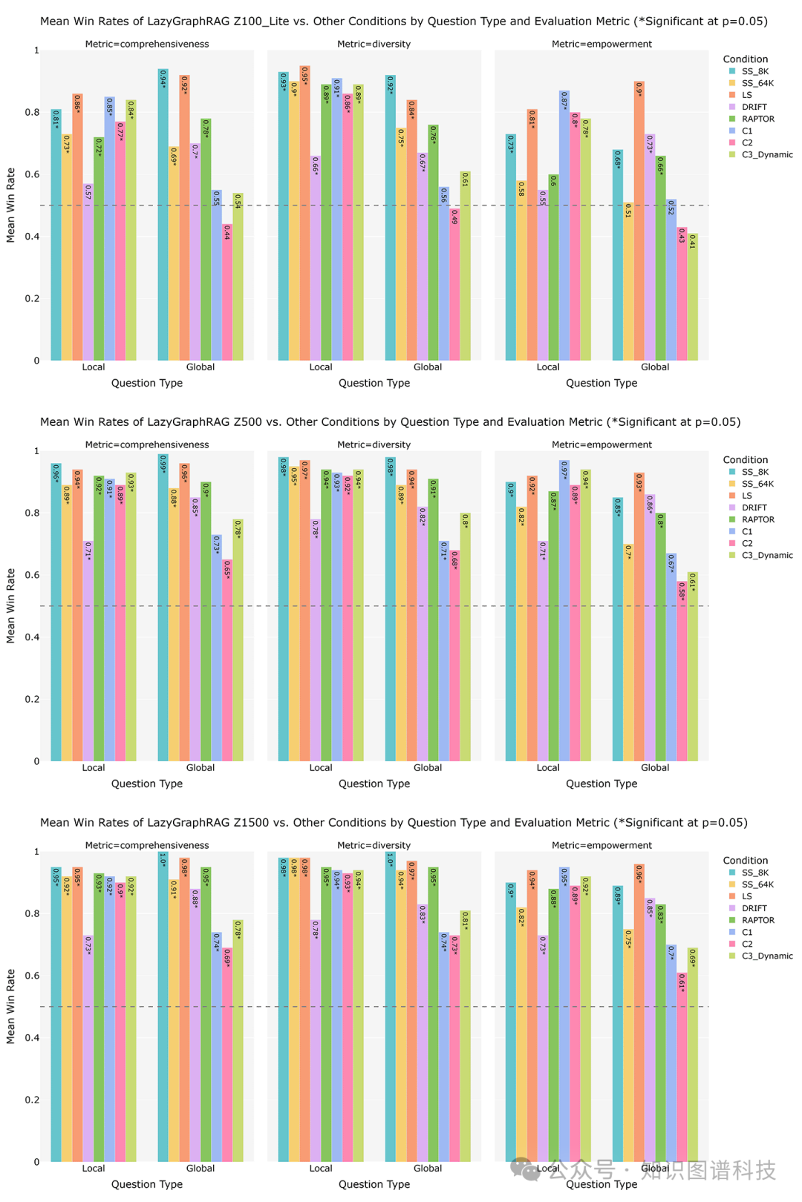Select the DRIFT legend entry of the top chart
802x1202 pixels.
coord(754,107)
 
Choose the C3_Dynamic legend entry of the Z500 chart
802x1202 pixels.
coord(767,555)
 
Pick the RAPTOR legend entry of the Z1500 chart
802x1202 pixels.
coord(757,920)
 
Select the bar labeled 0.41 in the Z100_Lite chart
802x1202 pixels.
coord(693,297)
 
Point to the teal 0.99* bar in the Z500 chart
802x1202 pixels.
coord(163,608)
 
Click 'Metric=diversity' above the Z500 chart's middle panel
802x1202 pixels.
coord(374,444)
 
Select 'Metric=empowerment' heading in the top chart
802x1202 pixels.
coord(601,44)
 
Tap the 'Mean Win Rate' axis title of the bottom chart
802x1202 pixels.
coord(10,1005)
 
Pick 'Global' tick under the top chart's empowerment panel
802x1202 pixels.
coord(655,367)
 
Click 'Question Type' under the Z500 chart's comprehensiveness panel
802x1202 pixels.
coord(147,784)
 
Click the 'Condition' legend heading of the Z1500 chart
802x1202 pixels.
coord(746,861)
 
